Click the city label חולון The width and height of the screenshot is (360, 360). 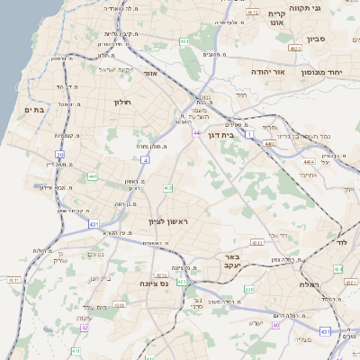[122, 102]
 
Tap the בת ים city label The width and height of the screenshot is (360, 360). [34, 110]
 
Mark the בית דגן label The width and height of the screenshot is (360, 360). [238, 134]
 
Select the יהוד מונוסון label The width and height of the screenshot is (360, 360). [331, 71]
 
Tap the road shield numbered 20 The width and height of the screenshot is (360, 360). [60, 155]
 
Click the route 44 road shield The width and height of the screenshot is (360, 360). [196, 132]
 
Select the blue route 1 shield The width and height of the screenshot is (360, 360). [249, 132]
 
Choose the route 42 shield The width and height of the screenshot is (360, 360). [85, 328]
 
